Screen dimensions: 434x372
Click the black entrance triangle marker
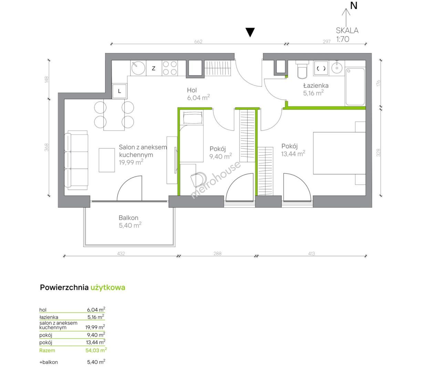pyautogui.click(x=250, y=32)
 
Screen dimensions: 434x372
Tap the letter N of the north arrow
pyautogui.click(x=354, y=6)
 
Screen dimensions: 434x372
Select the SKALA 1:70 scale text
pyautogui.click(x=347, y=35)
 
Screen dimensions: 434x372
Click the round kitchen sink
pyautogui.click(x=138, y=68)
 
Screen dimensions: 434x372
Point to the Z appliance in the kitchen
pyautogui.click(x=154, y=68)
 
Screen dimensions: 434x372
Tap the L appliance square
pyautogui.click(x=120, y=91)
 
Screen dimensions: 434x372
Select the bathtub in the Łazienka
pyautogui.click(x=355, y=86)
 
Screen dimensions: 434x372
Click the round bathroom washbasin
pyautogui.click(x=337, y=68)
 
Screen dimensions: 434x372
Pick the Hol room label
pyautogui.click(x=192, y=90)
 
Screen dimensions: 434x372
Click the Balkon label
pyautogui.click(x=128, y=217)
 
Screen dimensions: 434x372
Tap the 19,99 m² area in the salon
pyautogui.click(x=131, y=162)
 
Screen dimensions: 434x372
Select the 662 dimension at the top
pyautogui.click(x=198, y=42)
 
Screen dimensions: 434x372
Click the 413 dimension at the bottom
pyautogui.click(x=312, y=254)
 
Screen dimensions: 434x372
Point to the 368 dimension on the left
pyautogui.click(x=46, y=147)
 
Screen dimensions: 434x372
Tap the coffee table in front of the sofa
pyautogui.click(x=107, y=160)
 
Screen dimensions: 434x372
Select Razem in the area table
pyautogui.click(x=47, y=350)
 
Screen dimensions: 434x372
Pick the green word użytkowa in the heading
pyautogui.click(x=108, y=287)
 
